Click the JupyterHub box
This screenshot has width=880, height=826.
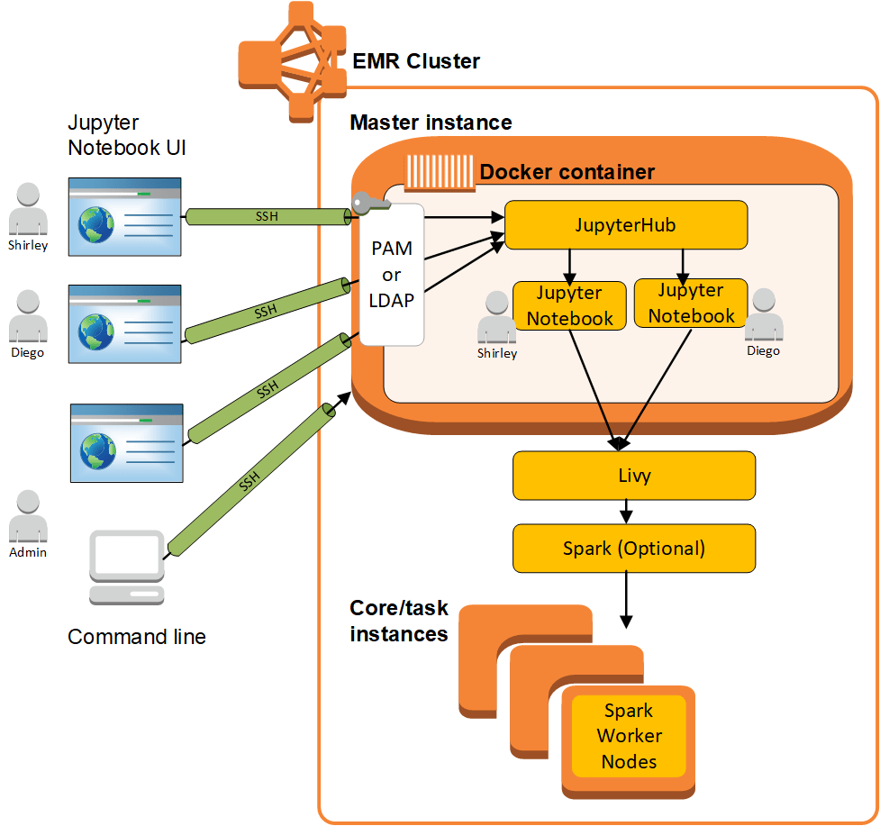click(x=626, y=225)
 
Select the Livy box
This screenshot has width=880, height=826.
click(x=633, y=476)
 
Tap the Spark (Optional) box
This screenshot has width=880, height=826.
click(x=633, y=548)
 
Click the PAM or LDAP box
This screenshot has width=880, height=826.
click(x=392, y=275)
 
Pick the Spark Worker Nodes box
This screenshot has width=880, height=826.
click(x=629, y=736)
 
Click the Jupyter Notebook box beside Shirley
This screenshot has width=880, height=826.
click(x=569, y=306)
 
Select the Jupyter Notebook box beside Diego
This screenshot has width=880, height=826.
click(x=691, y=304)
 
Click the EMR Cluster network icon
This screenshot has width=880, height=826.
click(x=292, y=61)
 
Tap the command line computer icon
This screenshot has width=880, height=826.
click(x=127, y=567)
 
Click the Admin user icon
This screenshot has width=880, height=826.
click(x=28, y=517)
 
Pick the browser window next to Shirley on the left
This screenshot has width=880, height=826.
click(x=124, y=216)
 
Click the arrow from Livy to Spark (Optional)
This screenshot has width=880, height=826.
click(x=626, y=512)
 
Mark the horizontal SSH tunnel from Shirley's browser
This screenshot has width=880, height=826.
click(x=268, y=216)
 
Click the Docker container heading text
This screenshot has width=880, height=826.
click(x=567, y=172)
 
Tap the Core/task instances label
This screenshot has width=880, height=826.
click(x=399, y=621)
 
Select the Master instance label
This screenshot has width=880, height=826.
click(x=431, y=123)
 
